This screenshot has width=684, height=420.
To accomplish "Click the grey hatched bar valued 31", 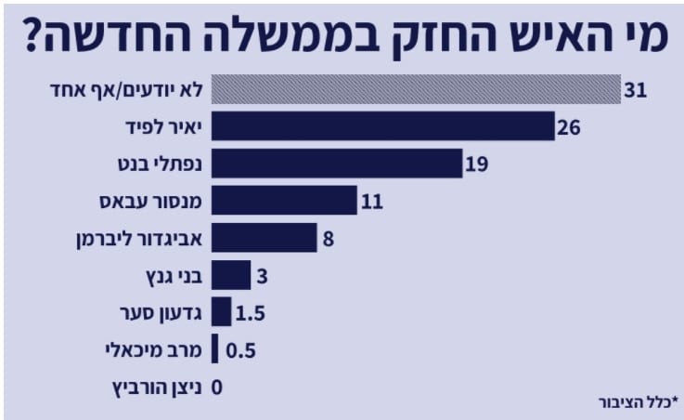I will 416,90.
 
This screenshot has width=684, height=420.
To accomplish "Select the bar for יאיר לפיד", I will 382,126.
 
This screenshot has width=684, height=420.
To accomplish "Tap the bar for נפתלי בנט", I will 336,164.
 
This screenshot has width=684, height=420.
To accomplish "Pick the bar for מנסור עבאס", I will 284,200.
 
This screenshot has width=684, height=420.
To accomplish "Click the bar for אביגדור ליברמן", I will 264,238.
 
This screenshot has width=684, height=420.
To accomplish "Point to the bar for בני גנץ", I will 231,275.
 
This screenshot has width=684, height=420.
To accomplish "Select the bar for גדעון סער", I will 221,312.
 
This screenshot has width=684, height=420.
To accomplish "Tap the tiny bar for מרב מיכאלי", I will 215,349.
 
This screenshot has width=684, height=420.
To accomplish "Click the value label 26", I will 569,127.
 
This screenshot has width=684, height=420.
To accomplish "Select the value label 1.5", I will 251,313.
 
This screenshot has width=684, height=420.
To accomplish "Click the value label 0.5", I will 239,350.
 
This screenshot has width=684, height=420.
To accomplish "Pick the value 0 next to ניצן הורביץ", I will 218,387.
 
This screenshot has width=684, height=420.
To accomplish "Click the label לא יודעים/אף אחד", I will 127,90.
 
